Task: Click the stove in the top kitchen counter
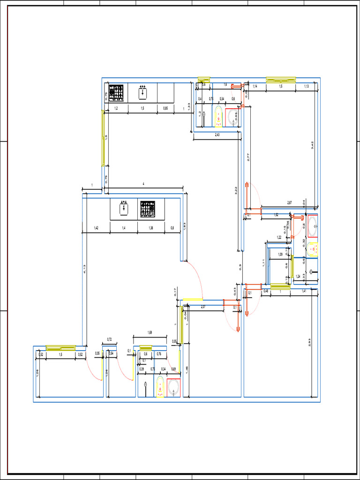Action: click(x=116, y=93)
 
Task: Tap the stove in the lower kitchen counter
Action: click(x=147, y=209)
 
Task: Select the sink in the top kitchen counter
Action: click(x=143, y=93)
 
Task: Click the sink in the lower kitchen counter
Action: click(x=124, y=209)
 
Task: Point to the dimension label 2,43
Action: click(x=217, y=135)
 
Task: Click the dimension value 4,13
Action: click(x=85, y=270)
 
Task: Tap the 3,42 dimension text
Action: click(x=313, y=145)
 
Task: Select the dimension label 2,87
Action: click(x=289, y=202)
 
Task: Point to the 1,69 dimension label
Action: click(x=150, y=333)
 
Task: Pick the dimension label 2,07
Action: click(x=203, y=307)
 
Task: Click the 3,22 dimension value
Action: click(x=236, y=191)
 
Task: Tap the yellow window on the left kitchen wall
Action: click(x=103, y=138)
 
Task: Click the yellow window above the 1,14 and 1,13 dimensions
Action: click(x=281, y=80)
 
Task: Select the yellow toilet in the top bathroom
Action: click(x=218, y=117)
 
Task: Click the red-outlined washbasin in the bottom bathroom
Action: click(x=173, y=388)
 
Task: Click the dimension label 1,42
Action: click(x=96, y=228)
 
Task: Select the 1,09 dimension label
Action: click(x=280, y=255)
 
